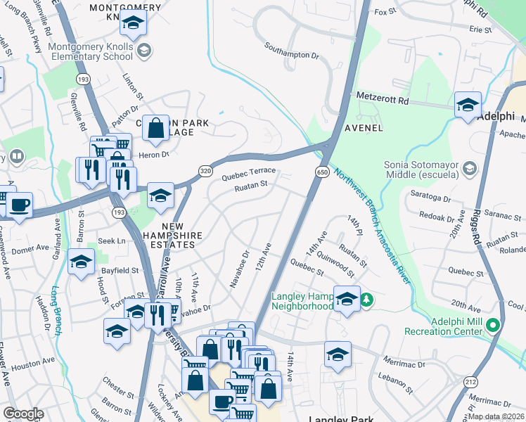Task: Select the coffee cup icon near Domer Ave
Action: tap(19, 205)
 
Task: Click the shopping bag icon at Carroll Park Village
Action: tap(156, 128)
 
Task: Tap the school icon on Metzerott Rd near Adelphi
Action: tap(468, 105)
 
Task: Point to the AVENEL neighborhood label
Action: tap(364, 128)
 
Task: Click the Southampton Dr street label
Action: tap(292, 50)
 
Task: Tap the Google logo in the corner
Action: tap(23, 414)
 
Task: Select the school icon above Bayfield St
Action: tap(82, 262)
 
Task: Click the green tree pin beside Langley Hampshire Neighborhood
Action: tap(366, 301)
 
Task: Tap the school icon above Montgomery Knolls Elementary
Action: tap(132, 24)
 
